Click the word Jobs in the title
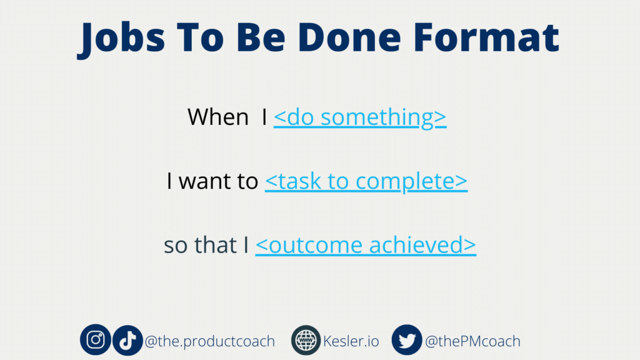pyautogui.click(x=121, y=38)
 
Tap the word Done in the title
pyautogui.click(x=349, y=37)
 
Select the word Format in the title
pyautogui.click(x=486, y=37)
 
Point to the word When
pyautogui.click(x=218, y=117)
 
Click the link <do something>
pyautogui.click(x=360, y=117)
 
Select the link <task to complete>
pyautogui.click(x=366, y=181)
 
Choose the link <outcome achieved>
pyautogui.click(x=366, y=245)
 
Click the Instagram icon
pyautogui.click(x=96, y=339)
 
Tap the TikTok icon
pyautogui.click(x=127, y=340)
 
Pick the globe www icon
pyautogui.click(x=306, y=340)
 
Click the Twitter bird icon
pyautogui.click(x=407, y=340)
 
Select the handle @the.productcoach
pyautogui.click(x=210, y=341)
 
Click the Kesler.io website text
pyautogui.click(x=351, y=341)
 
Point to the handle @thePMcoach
pyautogui.click(x=472, y=341)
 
